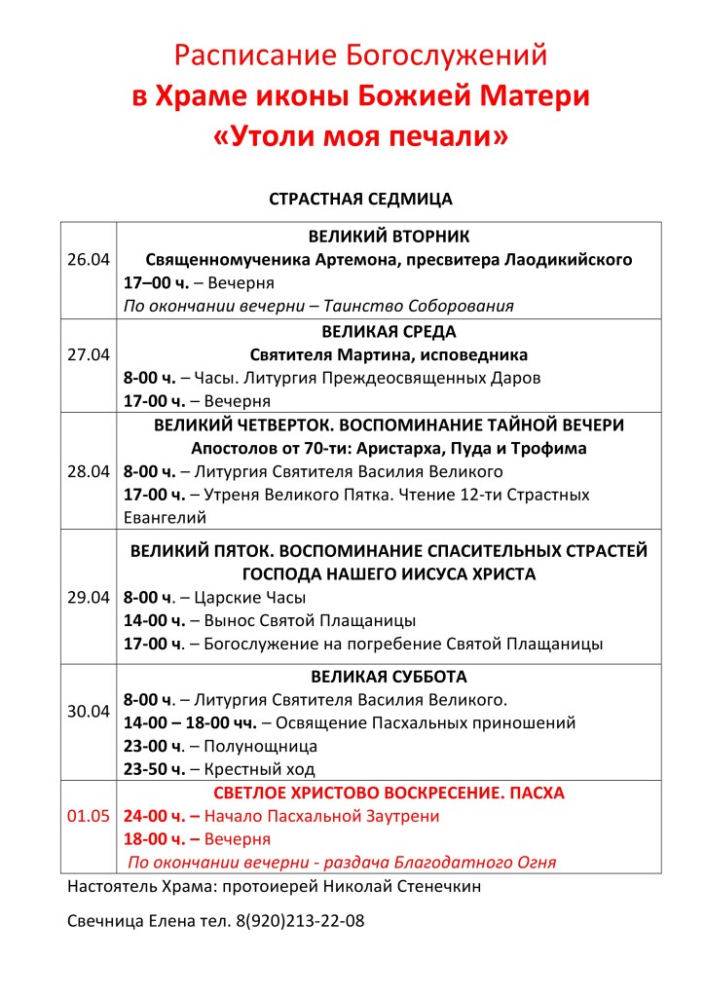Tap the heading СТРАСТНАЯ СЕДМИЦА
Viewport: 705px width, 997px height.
pyautogui.click(x=360, y=199)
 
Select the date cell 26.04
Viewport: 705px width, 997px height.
pyautogui.click(x=89, y=260)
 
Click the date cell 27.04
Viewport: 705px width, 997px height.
pyautogui.click(x=89, y=354)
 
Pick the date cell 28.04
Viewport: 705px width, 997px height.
pyautogui.click(x=89, y=471)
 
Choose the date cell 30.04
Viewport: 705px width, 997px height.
pyautogui.click(x=89, y=711)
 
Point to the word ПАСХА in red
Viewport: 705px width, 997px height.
pyautogui.click(x=535, y=793)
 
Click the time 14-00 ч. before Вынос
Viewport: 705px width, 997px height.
pyautogui.click(x=156, y=620)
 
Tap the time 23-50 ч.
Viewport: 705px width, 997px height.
pyautogui.click(x=155, y=769)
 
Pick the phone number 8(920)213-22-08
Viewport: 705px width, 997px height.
pyautogui.click(x=299, y=920)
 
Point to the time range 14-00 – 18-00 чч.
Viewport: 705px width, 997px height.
pyautogui.click(x=190, y=722)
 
